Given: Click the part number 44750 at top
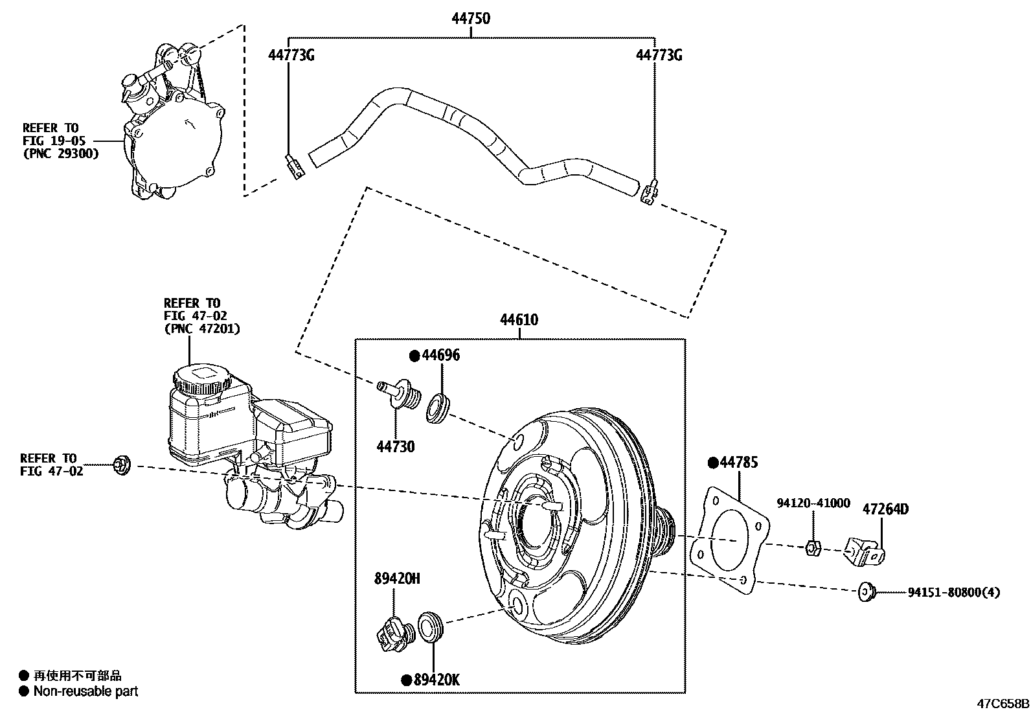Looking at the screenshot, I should (470, 19).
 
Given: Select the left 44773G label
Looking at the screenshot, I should (291, 55).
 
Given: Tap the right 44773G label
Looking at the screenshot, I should (659, 55).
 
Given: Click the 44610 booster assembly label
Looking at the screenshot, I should (519, 319).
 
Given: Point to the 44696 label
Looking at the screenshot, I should (441, 355).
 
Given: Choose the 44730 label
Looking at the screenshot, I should (396, 446).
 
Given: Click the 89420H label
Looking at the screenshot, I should (396, 579).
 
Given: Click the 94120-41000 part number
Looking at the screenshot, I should (813, 503).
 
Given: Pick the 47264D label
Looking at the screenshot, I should (885, 509).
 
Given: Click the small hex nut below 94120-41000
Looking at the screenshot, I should (813, 548).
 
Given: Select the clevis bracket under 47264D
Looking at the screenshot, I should (866, 551).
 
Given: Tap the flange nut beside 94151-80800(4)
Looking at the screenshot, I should (866, 591).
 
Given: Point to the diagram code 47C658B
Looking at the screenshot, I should (1003, 704).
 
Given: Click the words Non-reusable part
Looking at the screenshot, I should (85, 692).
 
